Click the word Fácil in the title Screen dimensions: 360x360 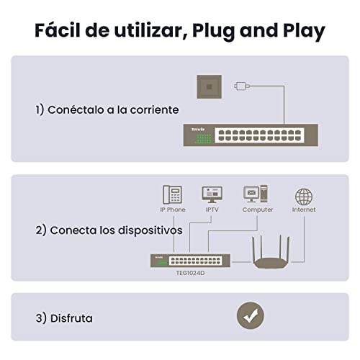[x=58, y=30]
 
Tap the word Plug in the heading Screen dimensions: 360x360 [x=213, y=31]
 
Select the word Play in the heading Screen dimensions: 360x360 [x=304, y=31]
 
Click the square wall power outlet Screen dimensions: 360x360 [x=210, y=86]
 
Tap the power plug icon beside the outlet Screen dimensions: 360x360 [x=242, y=86]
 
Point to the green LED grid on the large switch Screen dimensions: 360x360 [x=204, y=139]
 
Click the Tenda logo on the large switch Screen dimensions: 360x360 [x=198, y=130]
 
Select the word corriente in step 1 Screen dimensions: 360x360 [x=154, y=110]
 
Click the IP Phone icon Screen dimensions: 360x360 [x=172, y=194]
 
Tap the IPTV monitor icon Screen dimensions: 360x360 [x=212, y=194]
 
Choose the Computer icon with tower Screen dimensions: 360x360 [x=256, y=194]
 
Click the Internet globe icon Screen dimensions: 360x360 [x=304, y=197]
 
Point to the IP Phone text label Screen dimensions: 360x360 [x=173, y=210]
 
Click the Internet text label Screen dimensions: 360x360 [x=304, y=210]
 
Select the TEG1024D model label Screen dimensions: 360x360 [x=190, y=273]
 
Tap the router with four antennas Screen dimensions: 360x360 [x=271, y=257]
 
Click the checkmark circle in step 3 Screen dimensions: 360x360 [x=251, y=315]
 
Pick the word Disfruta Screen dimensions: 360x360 [x=71, y=318]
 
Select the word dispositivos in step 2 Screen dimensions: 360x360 [x=150, y=230]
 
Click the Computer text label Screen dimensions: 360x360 [x=258, y=210]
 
